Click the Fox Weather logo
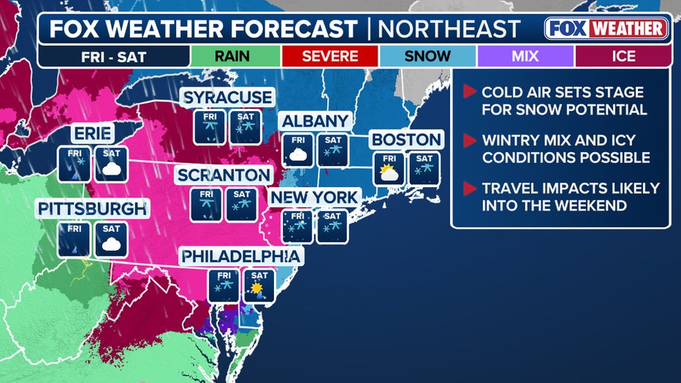point(606,29)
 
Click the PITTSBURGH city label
point(92,209)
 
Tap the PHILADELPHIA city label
point(240,257)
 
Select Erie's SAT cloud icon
point(111,164)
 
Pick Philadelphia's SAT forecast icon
point(258,285)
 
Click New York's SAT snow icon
point(332,226)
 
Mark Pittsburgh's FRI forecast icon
point(75,240)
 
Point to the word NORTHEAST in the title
point(452,29)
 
